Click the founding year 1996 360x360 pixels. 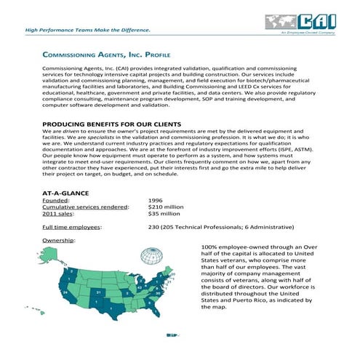(155, 200)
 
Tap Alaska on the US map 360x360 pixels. (50, 255)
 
